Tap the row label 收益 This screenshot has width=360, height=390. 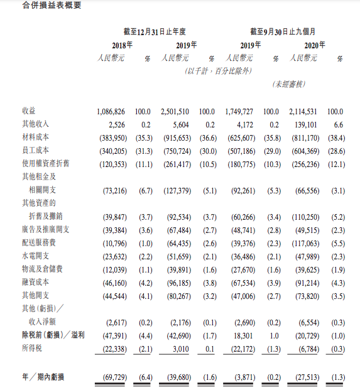28,111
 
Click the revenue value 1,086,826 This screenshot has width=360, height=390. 112,111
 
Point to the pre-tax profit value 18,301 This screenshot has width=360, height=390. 246,335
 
